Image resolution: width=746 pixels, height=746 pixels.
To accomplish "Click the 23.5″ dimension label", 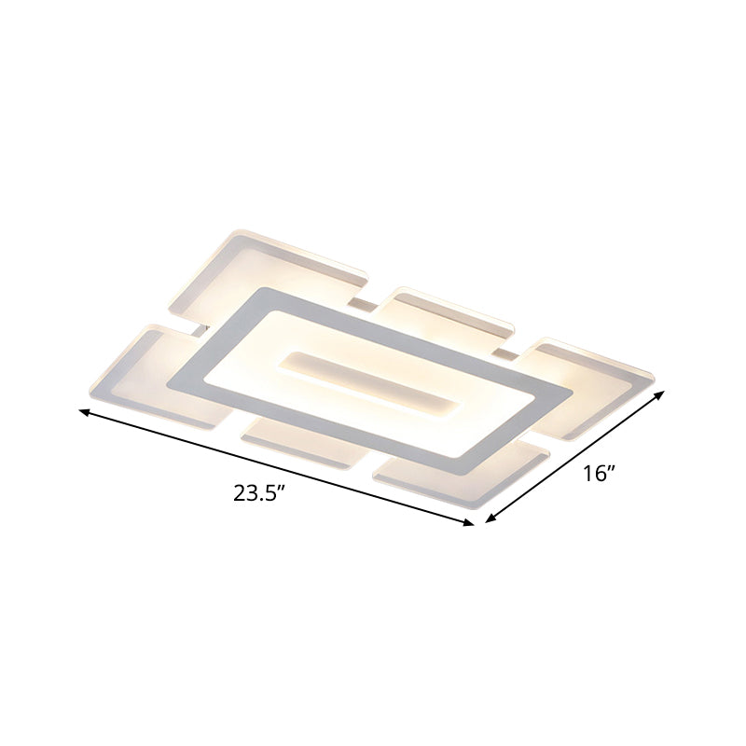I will pyautogui.click(x=258, y=493).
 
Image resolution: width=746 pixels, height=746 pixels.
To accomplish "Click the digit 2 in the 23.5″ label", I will pyautogui.click(x=238, y=493).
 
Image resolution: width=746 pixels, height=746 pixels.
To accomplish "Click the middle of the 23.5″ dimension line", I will pyautogui.click(x=277, y=467).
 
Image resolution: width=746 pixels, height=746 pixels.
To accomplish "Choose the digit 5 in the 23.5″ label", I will pyautogui.click(x=270, y=493).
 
